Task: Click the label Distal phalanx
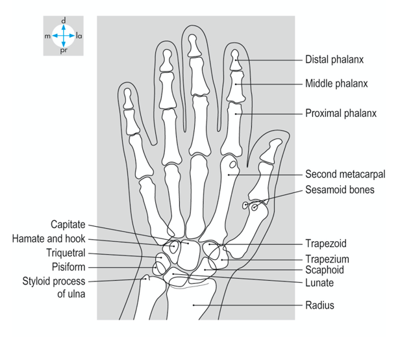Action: point(334,60)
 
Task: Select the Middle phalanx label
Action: point(336,83)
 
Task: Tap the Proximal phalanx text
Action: point(341,113)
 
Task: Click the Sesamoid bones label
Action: point(340,190)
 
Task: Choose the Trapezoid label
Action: point(326,244)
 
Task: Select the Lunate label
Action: point(319,283)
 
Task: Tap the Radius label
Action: point(319,305)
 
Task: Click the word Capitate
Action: point(68,225)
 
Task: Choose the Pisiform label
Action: point(68,267)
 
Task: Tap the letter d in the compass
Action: point(63,20)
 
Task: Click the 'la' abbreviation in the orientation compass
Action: point(79,36)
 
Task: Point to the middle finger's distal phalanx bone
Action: point(192,44)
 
